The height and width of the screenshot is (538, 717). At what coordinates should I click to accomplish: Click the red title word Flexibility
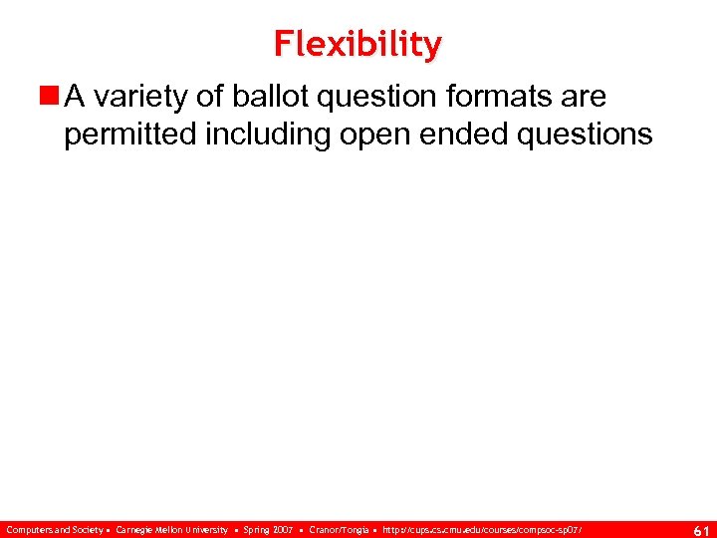(358, 44)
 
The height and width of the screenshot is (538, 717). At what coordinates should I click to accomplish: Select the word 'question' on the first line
(370, 98)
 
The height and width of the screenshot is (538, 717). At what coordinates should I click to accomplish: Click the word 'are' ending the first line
(584, 98)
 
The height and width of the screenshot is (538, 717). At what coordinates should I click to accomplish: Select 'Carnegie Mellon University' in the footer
(171, 529)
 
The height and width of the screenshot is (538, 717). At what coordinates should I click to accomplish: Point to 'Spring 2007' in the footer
(270, 529)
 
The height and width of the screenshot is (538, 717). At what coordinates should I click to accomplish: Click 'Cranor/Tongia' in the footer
(339, 529)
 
